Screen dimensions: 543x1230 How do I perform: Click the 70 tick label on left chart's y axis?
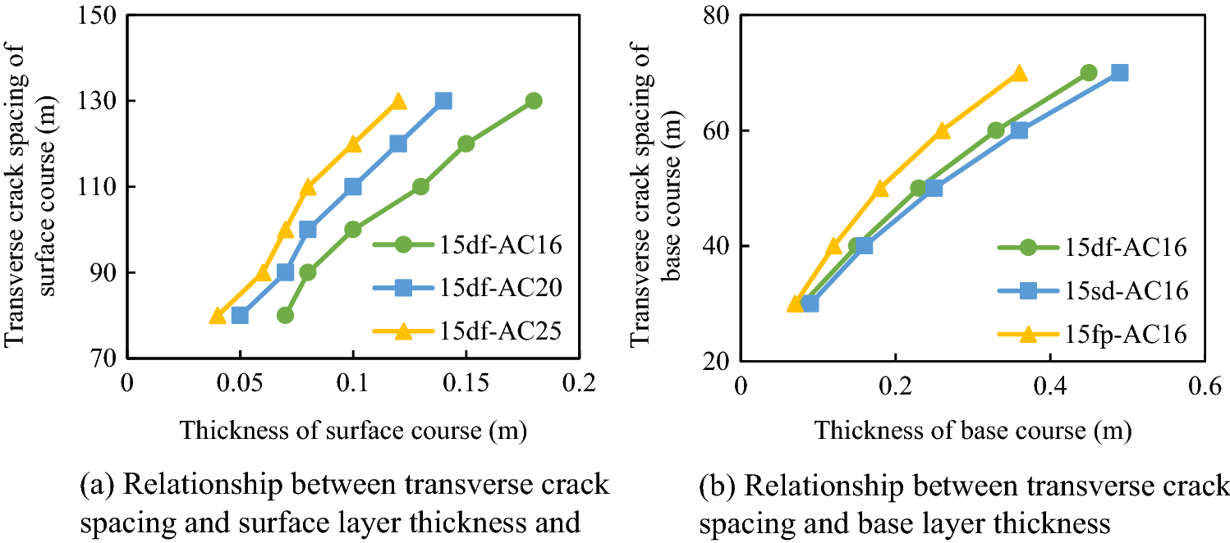click(103, 358)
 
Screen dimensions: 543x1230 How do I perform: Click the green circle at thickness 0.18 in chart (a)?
click(534, 101)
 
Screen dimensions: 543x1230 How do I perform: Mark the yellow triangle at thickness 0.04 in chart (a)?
click(218, 315)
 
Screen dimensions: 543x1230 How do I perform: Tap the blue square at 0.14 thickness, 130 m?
click(443, 101)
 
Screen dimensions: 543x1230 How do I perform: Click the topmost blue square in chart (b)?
click(1119, 73)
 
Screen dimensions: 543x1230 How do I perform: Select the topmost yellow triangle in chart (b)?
click(1019, 73)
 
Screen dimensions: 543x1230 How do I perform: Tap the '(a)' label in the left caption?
click(96, 485)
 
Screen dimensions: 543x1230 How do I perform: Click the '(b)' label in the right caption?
click(716, 485)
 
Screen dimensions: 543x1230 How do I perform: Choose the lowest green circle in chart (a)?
click(285, 315)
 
